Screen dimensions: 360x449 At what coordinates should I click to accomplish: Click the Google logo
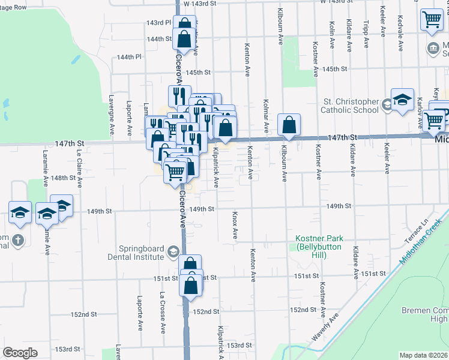pos(20,353)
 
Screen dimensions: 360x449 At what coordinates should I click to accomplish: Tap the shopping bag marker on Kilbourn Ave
pos(289,125)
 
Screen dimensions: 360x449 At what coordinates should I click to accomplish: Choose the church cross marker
pos(18,241)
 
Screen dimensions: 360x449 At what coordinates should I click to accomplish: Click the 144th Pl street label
pos(129,57)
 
